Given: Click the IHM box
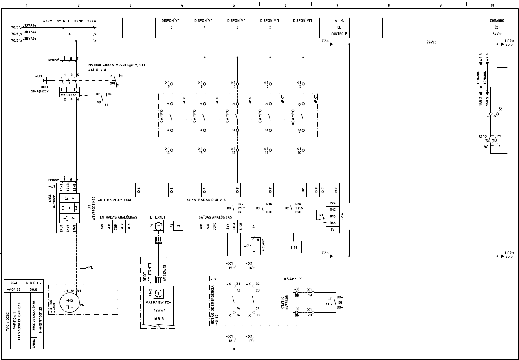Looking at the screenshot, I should click(x=293, y=247).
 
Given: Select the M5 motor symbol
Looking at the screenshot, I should click(x=68, y=304).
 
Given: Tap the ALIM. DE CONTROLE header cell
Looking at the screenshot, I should click(x=339, y=27).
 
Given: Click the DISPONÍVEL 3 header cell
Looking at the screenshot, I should click(x=238, y=27).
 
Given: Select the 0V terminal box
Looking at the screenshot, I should click(x=332, y=230).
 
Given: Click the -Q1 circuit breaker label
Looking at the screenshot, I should click(x=39, y=77).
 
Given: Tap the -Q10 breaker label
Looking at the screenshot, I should click(x=483, y=136).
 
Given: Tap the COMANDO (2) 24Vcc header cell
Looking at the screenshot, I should click(x=497, y=27).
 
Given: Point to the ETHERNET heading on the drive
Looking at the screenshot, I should click(x=158, y=217).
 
